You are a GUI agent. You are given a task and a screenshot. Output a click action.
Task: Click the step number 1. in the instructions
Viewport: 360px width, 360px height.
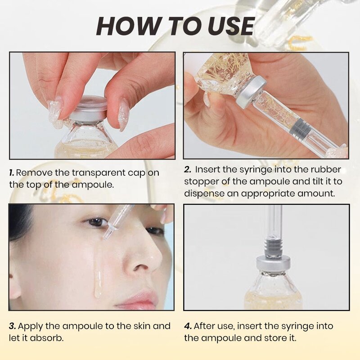12,173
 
